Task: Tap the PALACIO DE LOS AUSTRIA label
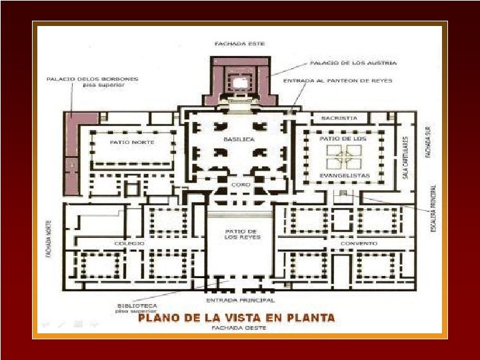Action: [x=353, y=63]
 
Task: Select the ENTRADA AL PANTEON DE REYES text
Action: [x=337, y=81]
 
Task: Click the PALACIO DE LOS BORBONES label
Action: [x=92, y=79]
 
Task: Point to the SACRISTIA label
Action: [x=339, y=118]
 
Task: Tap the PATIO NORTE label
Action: [x=132, y=142]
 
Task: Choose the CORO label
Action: [x=240, y=184]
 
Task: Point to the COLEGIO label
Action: [x=130, y=243]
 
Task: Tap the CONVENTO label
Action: [x=359, y=243]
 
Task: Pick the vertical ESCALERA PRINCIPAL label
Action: [x=434, y=209]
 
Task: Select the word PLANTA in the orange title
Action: [x=310, y=317]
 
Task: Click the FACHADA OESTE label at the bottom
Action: [x=239, y=328]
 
